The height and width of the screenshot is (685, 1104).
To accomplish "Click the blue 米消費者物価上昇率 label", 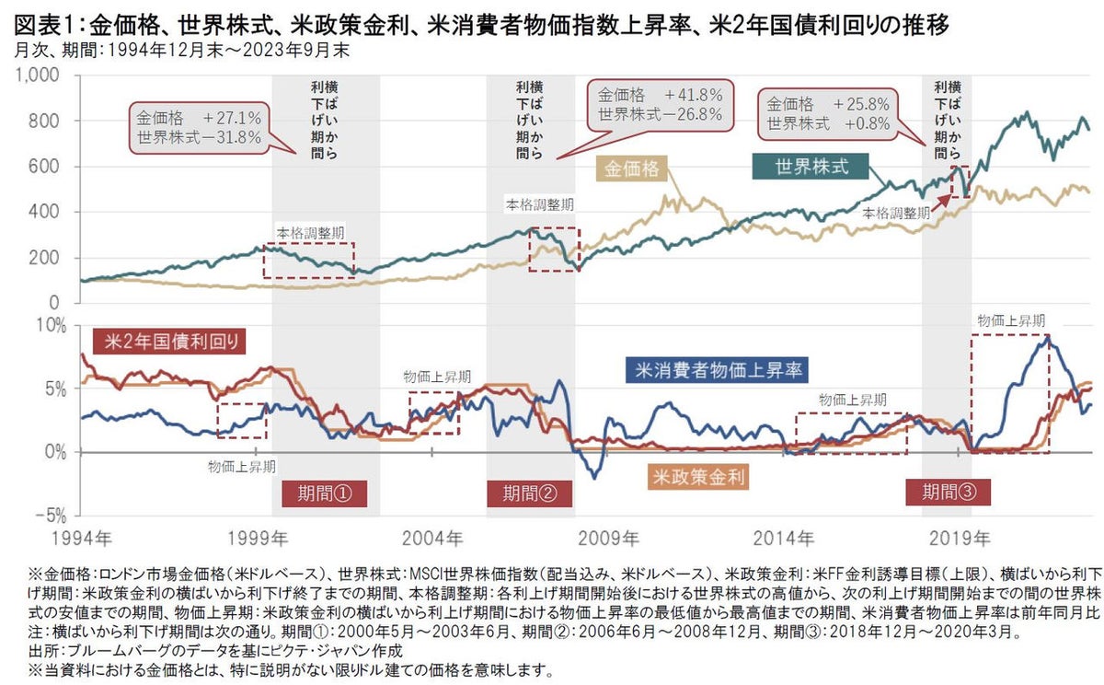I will pyautogui.click(x=717, y=371).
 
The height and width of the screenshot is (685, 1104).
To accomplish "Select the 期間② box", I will pyautogui.click(x=531, y=493).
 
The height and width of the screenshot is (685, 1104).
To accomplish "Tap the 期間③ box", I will pyautogui.click(x=948, y=492).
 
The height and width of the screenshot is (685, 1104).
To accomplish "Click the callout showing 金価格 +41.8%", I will pyautogui.click(x=660, y=104).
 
